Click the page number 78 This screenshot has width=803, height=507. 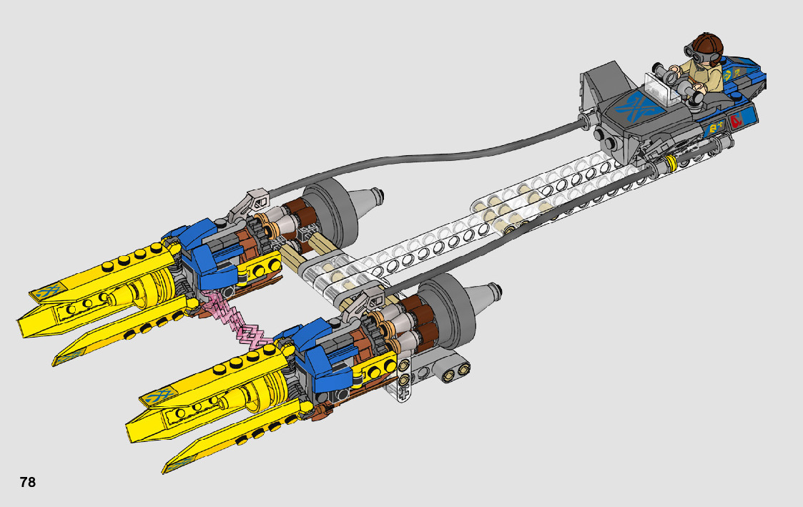pos(28,482)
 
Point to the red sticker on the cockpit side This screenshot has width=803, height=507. pos(737,121)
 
